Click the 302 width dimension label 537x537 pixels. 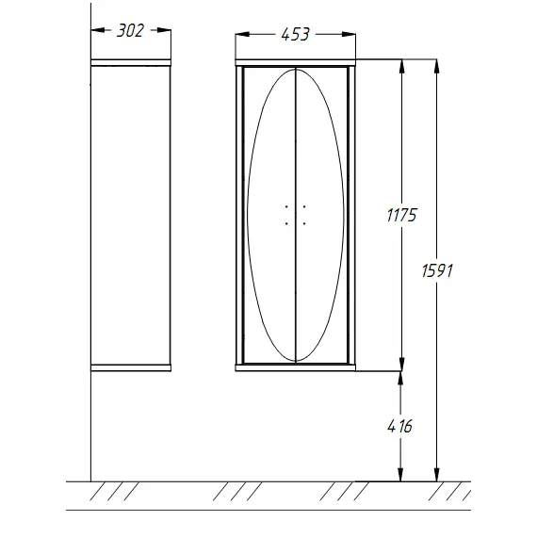pyautogui.click(x=130, y=31)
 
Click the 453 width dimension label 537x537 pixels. pyautogui.click(x=295, y=34)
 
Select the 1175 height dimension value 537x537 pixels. pyautogui.click(x=401, y=216)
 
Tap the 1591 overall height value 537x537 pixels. pyautogui.click(x=437, y=270)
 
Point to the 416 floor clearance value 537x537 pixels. pyautogui.click(x=399, y=427)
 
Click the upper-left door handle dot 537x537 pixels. pyautogui.click(x=286, y=207)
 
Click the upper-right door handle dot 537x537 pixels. pyautogui.click(x=304, y=207)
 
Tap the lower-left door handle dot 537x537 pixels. pyautogui.click(x=286, y=223)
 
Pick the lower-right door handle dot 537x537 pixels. pyautogui.click(x=304, y=223)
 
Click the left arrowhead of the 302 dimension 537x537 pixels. pyautogui.click(x=98, y=30)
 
